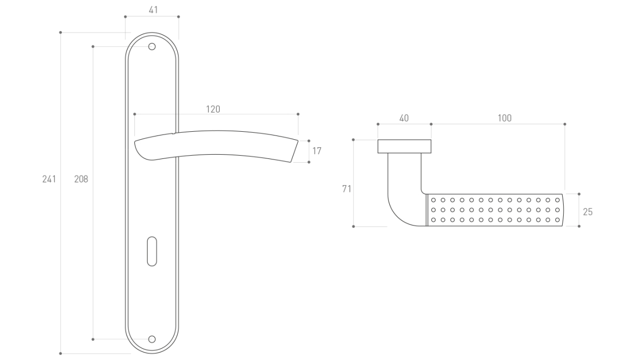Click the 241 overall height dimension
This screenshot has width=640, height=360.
[49, 179]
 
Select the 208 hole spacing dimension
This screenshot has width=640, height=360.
[81, 179]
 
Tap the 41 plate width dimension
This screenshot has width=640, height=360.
[153, 10]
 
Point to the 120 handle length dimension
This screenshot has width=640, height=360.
[213, 109]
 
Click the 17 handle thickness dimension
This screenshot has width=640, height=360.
[317, 151]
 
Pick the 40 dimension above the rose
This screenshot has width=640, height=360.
[404, 118]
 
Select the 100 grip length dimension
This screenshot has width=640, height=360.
[505, 118]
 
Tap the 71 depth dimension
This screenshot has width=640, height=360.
[347, 189]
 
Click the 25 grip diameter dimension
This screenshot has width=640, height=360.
[588, 212]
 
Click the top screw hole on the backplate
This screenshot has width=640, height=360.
[152, 47]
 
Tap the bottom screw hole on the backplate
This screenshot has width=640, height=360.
[152, 339]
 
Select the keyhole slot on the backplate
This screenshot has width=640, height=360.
[152, 250]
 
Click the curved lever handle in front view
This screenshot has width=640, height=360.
[213, 145]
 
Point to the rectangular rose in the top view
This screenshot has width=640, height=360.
[404, 146]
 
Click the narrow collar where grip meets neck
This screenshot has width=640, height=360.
[426, 210]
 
